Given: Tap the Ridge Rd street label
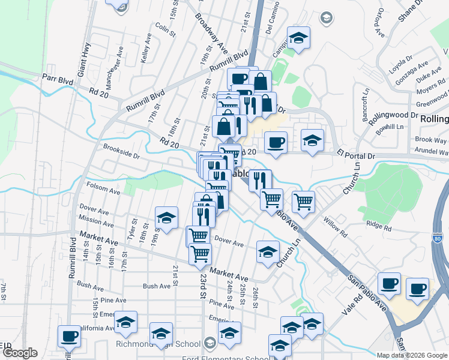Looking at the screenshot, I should point(378,227).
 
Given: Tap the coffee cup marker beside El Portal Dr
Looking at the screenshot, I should point(276,142).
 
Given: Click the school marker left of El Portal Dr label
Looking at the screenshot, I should point(312,140).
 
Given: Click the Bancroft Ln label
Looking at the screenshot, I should point(364,106).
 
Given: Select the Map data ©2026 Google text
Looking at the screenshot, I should point(412,355).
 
